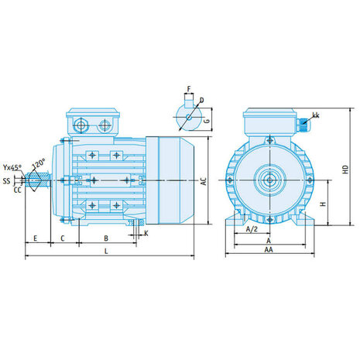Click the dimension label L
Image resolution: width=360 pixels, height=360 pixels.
pyautogui.click(x=106, y=251)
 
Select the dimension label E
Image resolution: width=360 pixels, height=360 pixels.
pyautogui.click(x=36, y=238)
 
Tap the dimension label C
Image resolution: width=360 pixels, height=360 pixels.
pyautogui.click(x=63, y=238)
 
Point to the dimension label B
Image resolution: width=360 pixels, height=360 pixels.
pyautogui.click(x=106, y=238)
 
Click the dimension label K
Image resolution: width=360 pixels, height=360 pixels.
pyautogui.click(x=146, y=233)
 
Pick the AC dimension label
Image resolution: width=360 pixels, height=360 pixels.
pyautogui.click(x=204, y=181)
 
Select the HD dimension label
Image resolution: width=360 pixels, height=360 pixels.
pyautogui.click(x=345, y=170)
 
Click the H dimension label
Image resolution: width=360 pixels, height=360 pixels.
pyautogui.click(x=323, y=204)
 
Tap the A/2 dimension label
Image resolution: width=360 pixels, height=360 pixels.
pyautogui.click(x=252, y=229)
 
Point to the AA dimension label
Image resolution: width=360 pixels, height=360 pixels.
pyautogui.click(x=269, y=249)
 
